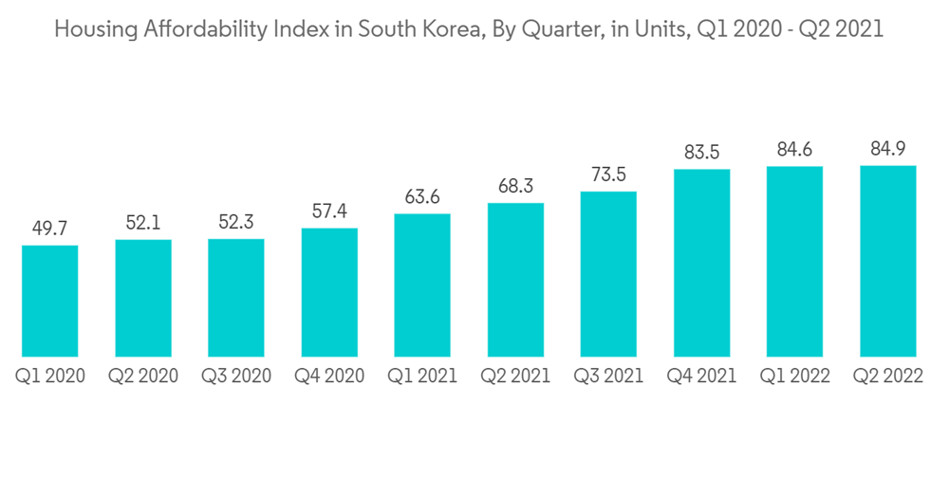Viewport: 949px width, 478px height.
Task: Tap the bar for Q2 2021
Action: pos(515,281)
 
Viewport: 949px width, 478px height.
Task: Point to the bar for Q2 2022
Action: pos(888,262)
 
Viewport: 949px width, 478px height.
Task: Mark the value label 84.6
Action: pos(795,149)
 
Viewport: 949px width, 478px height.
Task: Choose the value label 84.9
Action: pos(888,148)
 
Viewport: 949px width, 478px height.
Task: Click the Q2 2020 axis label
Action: pos(142,377)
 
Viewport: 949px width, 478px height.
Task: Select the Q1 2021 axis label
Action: pos(422,377)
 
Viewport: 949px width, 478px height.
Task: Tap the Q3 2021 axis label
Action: pos(608,377)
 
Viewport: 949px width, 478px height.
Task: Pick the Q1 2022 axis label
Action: pos(795,377)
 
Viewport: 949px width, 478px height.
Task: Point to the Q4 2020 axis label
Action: pos(329,377)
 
